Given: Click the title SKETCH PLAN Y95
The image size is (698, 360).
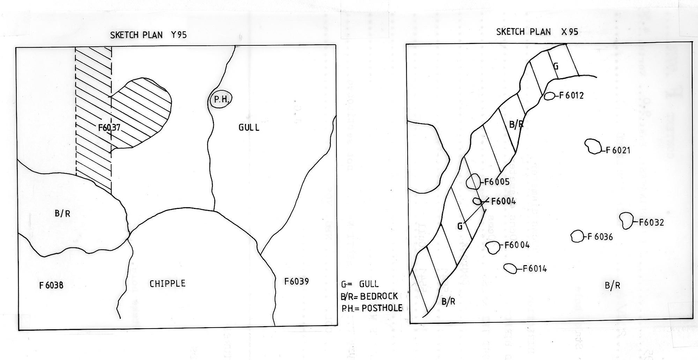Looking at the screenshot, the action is click(x=148, y=35).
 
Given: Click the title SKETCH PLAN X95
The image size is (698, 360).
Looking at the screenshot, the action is click(x=537, y=32).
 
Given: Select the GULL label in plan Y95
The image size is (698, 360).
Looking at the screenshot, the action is click(x=249, y=127).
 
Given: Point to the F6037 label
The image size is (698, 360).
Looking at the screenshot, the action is click(x=109, y=128).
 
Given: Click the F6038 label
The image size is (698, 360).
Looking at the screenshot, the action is click(x=51, y=285).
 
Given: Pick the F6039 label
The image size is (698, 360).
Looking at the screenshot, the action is click(x=296, y=281).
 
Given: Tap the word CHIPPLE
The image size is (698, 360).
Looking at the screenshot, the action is click(x=168, y=284).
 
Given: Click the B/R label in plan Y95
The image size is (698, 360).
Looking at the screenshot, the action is click(x=62, y=213).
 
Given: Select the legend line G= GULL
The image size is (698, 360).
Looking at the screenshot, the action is click(x=360, y=284).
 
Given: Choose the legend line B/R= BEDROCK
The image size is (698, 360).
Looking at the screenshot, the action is click(x=369, y=296).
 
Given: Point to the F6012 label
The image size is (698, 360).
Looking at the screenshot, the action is click(x=571, y=96).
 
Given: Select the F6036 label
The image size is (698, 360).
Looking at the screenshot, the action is click(x=600, y=237).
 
